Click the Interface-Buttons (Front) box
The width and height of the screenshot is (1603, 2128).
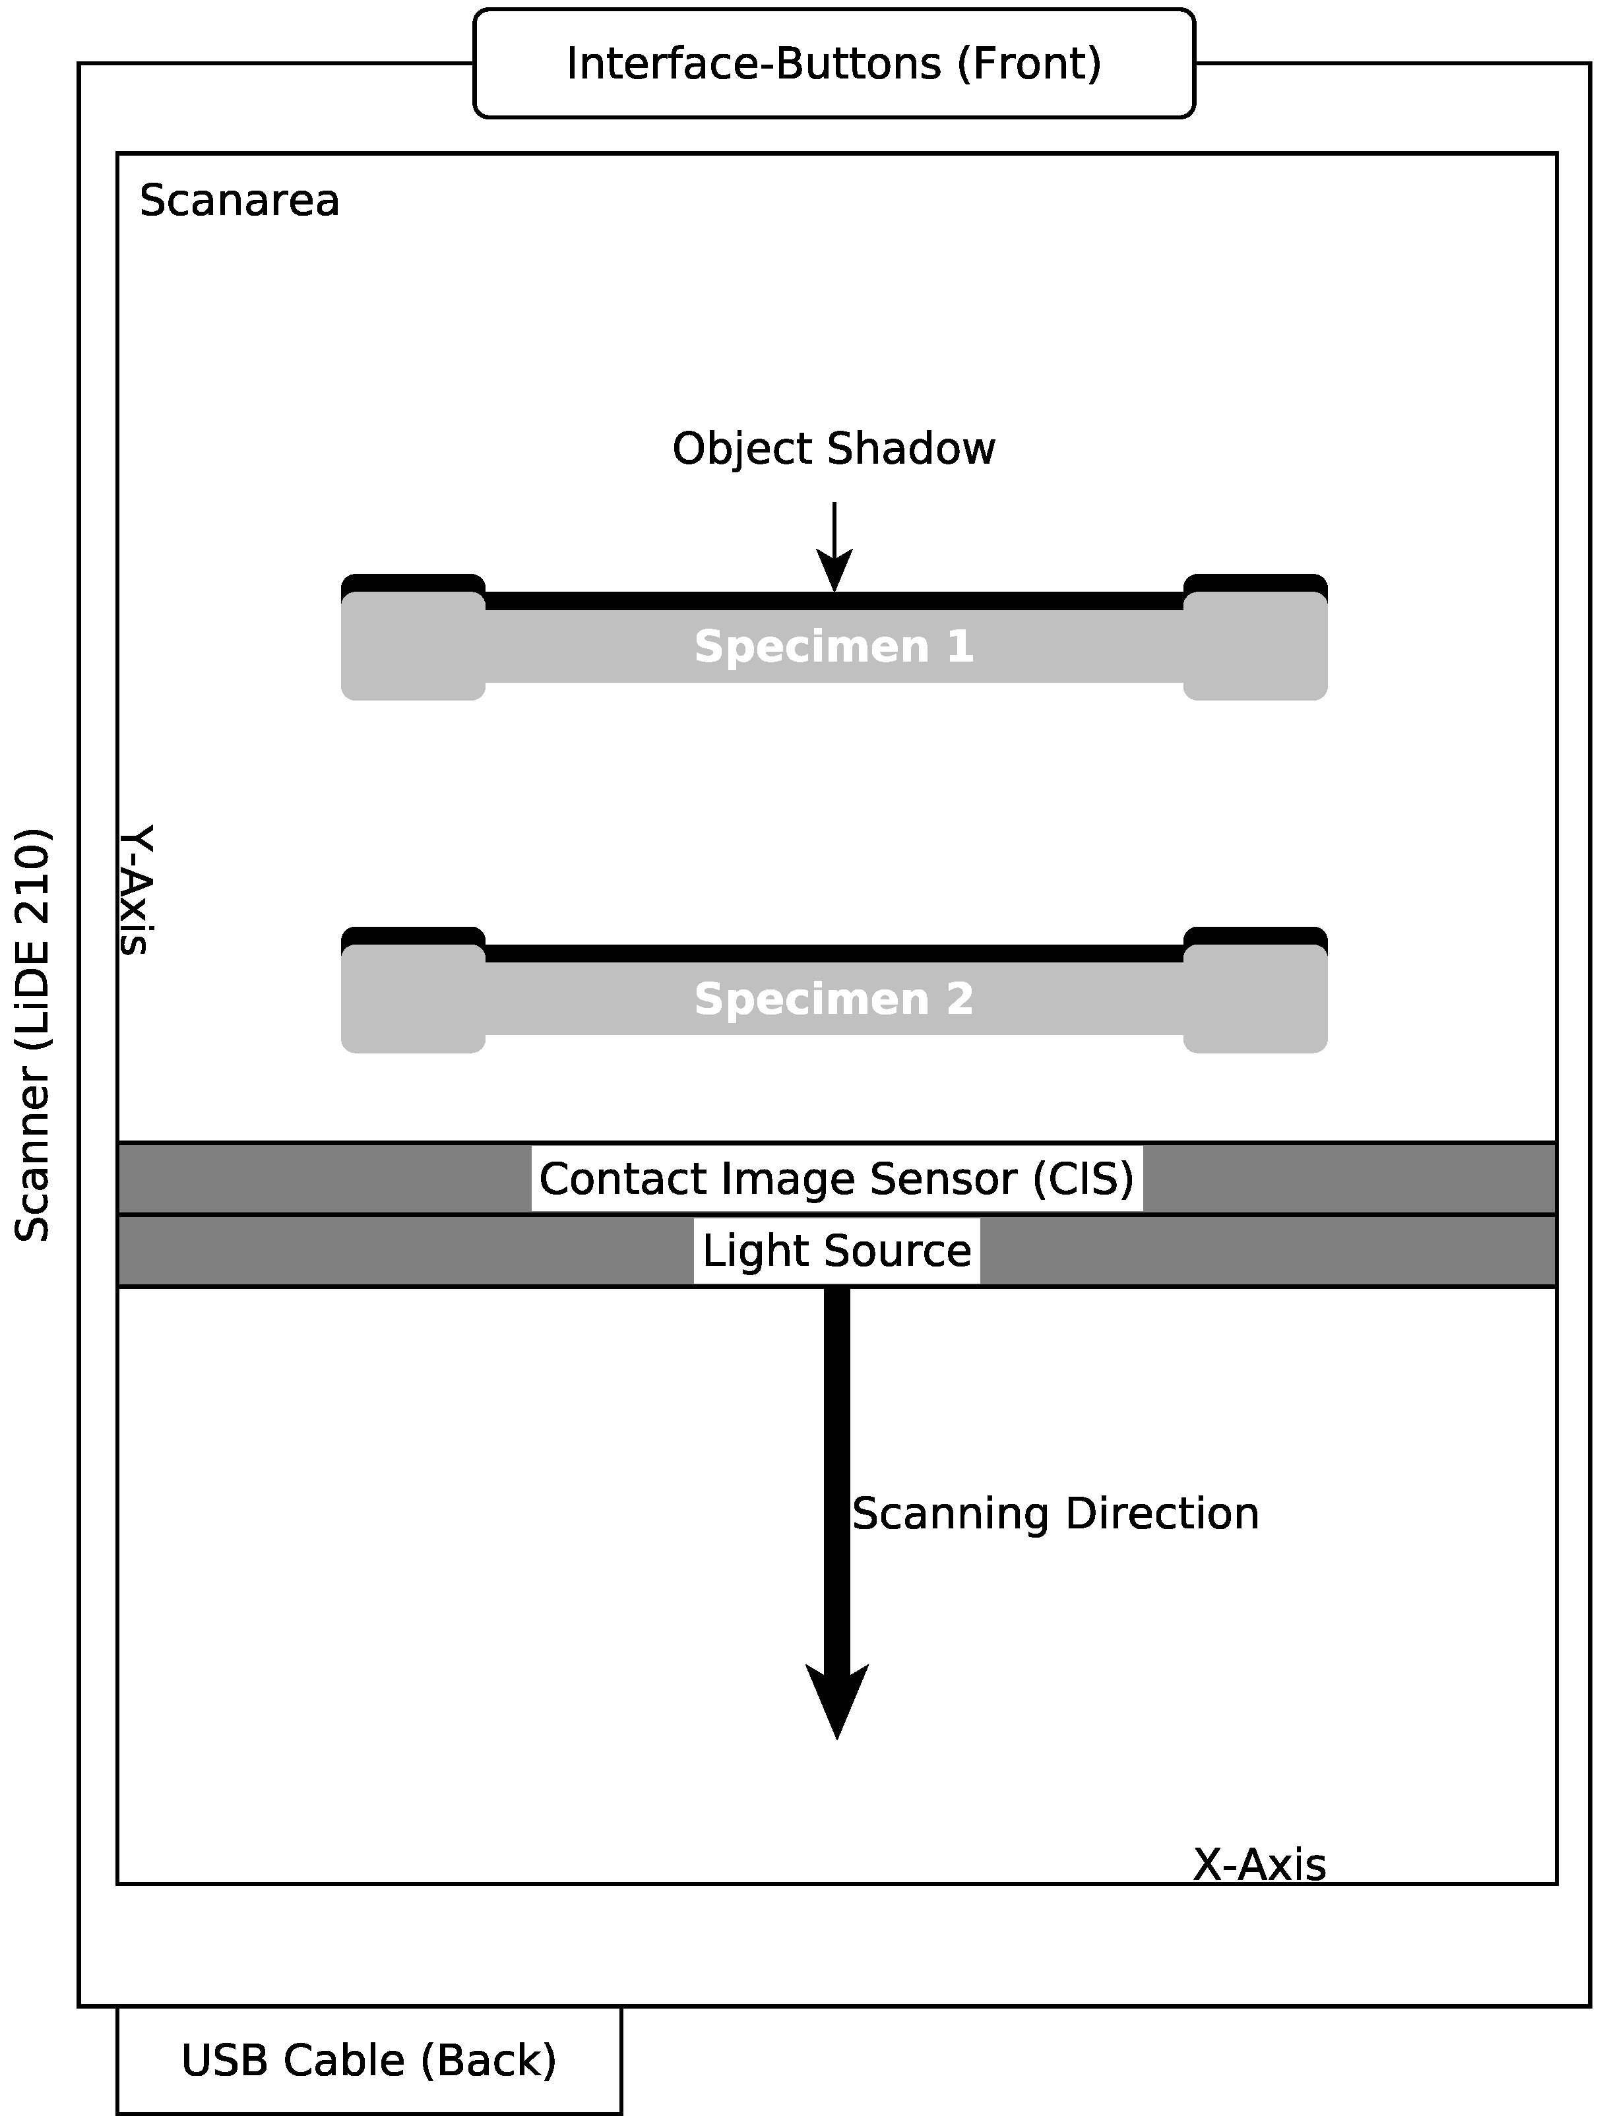pos(833,63)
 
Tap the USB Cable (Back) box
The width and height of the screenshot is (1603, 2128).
pos(369,2059)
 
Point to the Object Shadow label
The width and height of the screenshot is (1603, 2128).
pos(833,449)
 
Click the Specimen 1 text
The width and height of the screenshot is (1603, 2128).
pos(833,646)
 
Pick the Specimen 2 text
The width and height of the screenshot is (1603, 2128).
pos(833,999)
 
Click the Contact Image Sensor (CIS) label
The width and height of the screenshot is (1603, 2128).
pos(836,1179)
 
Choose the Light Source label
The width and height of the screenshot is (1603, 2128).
pos(836,1251)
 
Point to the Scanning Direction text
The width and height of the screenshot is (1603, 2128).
pos(1055,1513)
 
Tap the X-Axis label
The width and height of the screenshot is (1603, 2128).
pos(1259,1865)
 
